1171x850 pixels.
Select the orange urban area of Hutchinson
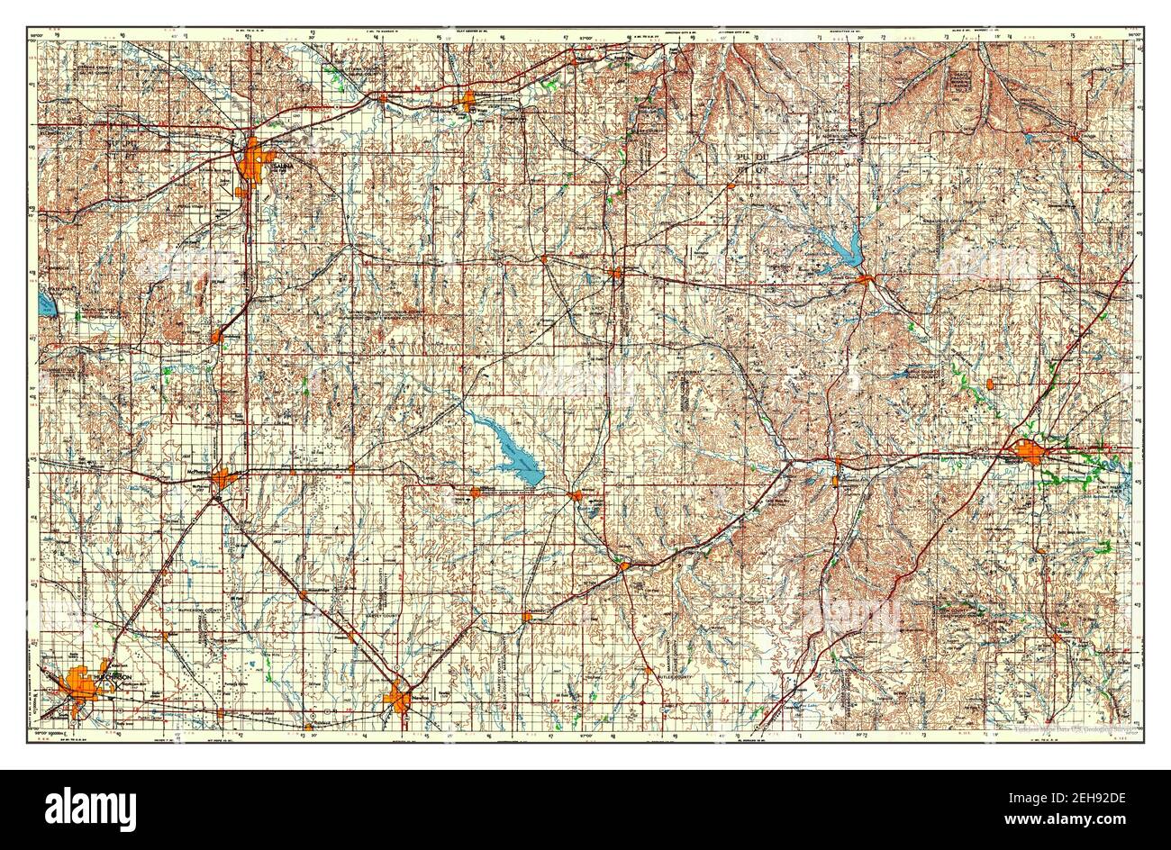point(79,686)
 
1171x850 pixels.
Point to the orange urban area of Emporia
point(1029,451)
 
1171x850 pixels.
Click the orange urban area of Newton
point(398,698)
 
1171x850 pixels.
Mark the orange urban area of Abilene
point(467,101)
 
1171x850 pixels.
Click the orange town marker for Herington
point(616,272)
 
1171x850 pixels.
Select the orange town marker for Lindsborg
point(216,336)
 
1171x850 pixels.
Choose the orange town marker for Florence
point(624,565)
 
